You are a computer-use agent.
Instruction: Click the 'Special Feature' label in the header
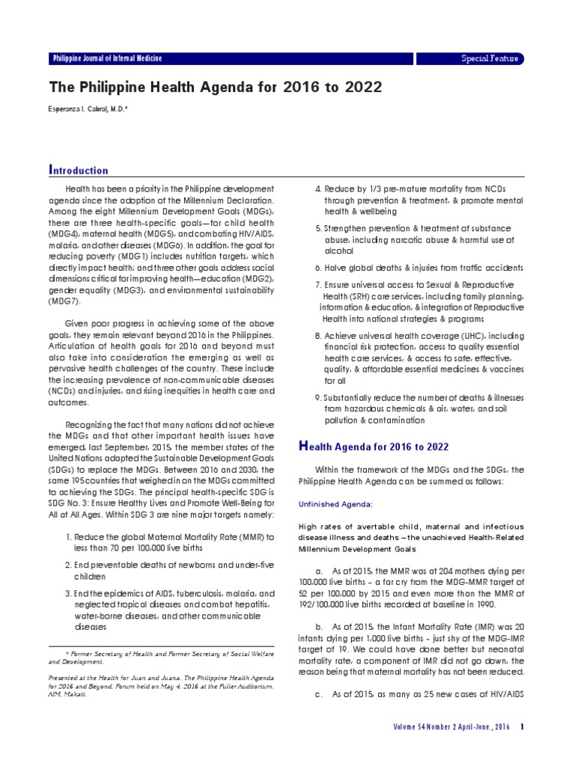[x=490, y=58]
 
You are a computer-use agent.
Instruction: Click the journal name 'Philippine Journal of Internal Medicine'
[x=107, y=58]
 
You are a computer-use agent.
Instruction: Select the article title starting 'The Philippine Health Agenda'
[x=216, y=88]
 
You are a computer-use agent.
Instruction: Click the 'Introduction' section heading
[x=79, y=170]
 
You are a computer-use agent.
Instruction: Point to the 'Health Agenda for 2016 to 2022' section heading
[x=374, y=447]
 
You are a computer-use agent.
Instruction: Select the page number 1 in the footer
[x=522, y=727]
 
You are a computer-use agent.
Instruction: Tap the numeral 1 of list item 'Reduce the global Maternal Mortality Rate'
[x=68, y=537]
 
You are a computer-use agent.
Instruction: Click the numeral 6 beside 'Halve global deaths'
[x=317, y=267]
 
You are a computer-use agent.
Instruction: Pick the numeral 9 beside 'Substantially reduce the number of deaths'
[x=317, y=396]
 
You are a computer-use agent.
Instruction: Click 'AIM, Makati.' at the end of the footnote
[x=67, y=693]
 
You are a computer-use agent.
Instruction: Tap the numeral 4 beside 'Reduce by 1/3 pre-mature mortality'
[x=317, y=189]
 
